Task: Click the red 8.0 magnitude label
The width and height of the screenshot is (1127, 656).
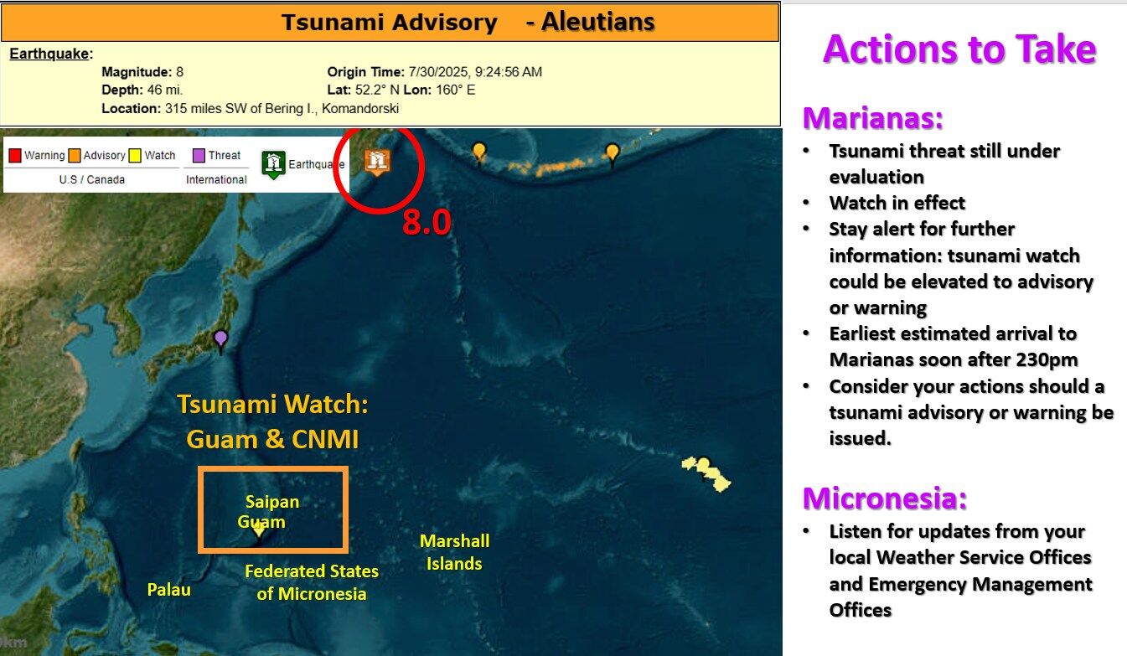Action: coord(427,223)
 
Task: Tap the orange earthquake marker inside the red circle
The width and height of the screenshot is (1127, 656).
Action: coord(378,161)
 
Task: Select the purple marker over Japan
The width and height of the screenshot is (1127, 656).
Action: coord(220,339)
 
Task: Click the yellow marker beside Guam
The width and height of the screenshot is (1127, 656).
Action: coord(259,529)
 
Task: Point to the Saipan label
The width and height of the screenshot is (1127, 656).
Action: coord(272,502)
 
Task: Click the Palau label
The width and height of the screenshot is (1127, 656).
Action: coord(169,590)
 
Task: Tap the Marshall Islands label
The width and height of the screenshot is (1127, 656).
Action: coord(454,552)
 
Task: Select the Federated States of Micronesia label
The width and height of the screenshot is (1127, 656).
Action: coord(312,582)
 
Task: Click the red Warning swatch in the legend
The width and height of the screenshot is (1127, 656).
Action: coord(15,155)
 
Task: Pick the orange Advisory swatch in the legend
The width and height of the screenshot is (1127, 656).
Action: coord(75,155)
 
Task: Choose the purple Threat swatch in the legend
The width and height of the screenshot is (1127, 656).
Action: coord(199,155)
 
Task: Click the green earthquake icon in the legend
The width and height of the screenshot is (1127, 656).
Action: coord(273,164)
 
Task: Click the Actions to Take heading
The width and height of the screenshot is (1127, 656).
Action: coord(959,49)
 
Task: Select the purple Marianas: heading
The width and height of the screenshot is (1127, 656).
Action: coord(873,118)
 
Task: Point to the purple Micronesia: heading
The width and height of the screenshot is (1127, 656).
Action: coord(885,498)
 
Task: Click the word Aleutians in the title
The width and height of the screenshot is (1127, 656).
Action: coord(597,22)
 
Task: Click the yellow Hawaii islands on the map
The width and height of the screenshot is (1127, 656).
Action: coord(707,473)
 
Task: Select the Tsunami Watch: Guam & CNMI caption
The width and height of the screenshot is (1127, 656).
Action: coord(273,421)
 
